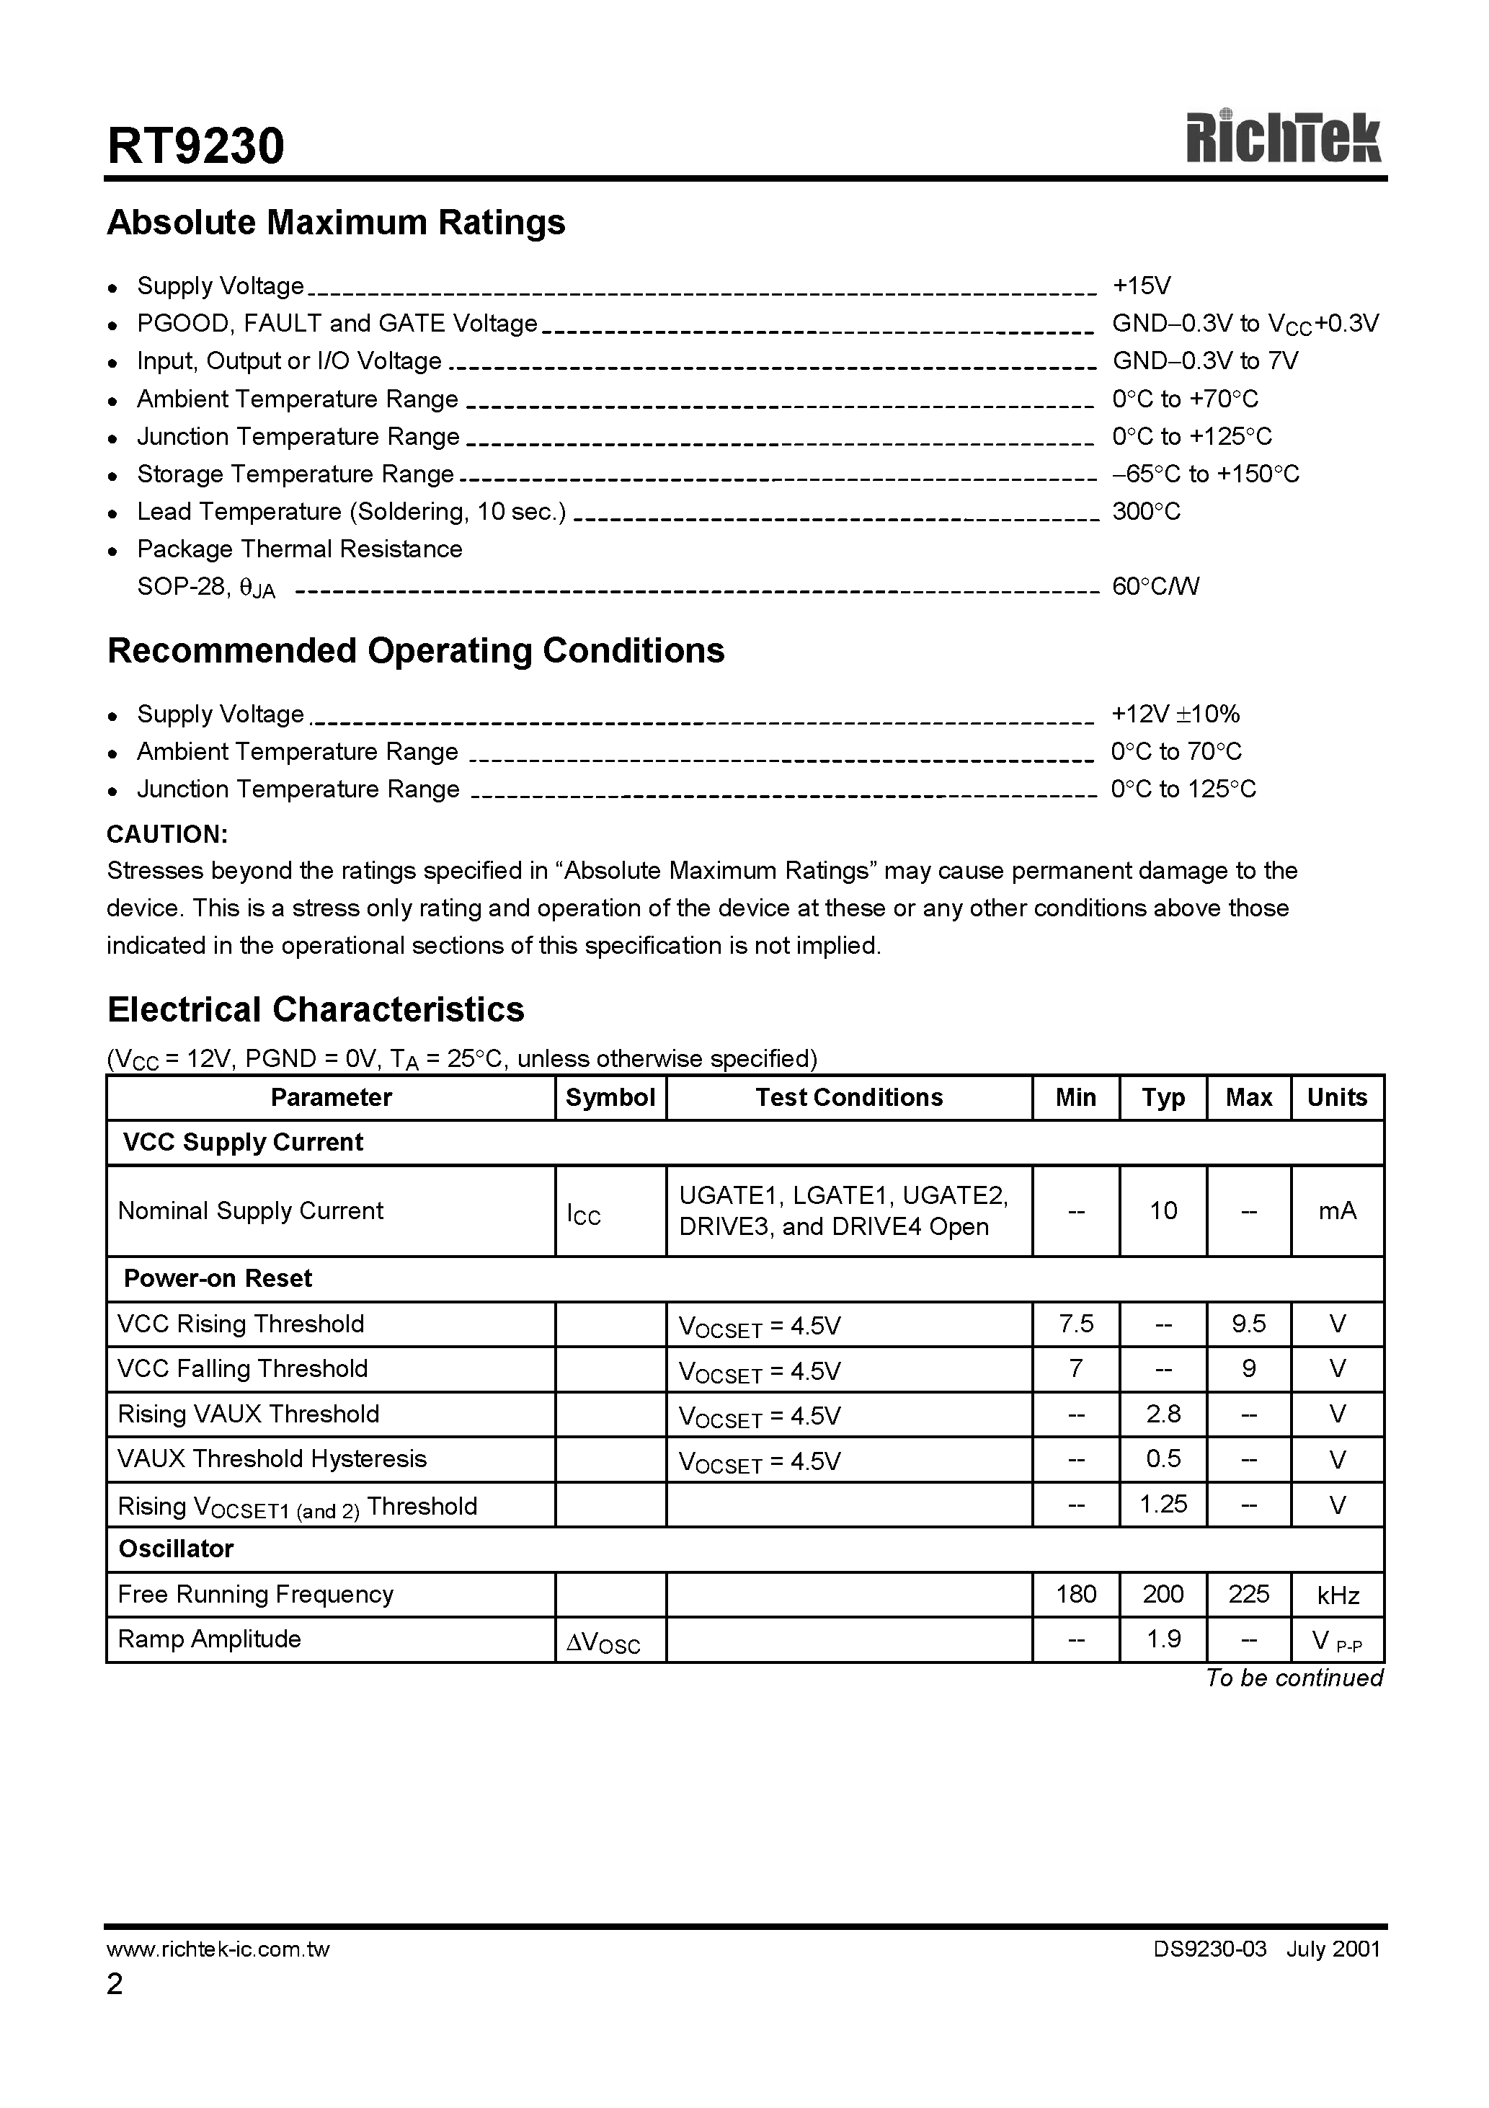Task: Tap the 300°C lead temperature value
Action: tap(1146, 511)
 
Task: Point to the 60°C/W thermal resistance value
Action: tap(1155, 587)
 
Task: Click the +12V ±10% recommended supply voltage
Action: tap(1175, 714)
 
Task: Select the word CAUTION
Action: tap(167, 835)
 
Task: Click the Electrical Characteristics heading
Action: tap(316, 1010)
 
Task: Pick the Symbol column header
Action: tap(610, 1098)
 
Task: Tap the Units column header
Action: tap(1337, 1098)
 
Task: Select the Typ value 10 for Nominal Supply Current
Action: tap(1163, 1211)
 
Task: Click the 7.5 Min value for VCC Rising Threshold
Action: tap(1075, 1324)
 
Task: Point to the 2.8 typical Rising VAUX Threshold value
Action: tap(1163, 1414)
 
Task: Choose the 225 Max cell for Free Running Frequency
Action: tap(1248, 1595)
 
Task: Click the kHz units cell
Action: tap(1337, 1595)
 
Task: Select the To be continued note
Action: tap(1294, 1678)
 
